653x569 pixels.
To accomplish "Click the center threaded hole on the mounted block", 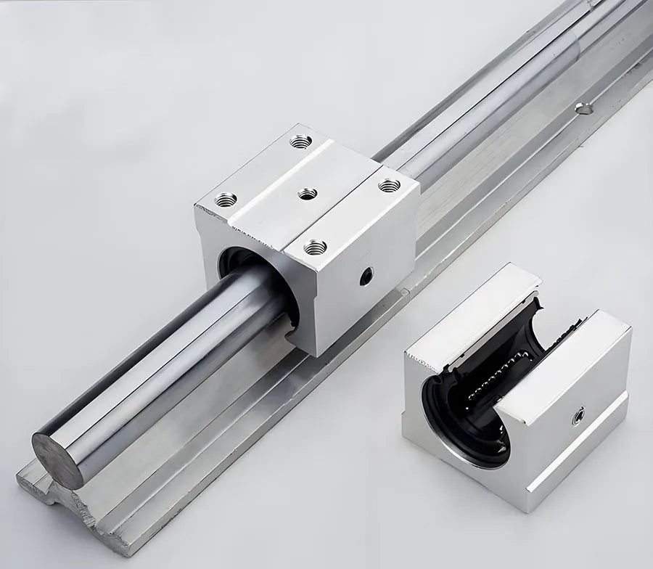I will pyautogui.click(x=307, y=193).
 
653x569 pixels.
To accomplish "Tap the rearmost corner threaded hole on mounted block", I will pyautogui.click(x=301, y=141).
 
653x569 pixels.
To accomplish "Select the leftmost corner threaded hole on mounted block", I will pyautogui.click(x=226, y=198).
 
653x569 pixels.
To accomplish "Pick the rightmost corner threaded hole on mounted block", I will pyautogui.click(x=389, y=185).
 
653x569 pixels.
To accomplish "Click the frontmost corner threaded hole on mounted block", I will pyautogui.click(x=315, y=248).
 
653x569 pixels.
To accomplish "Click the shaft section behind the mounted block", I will pyautogui.click(x=479, y=109).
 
